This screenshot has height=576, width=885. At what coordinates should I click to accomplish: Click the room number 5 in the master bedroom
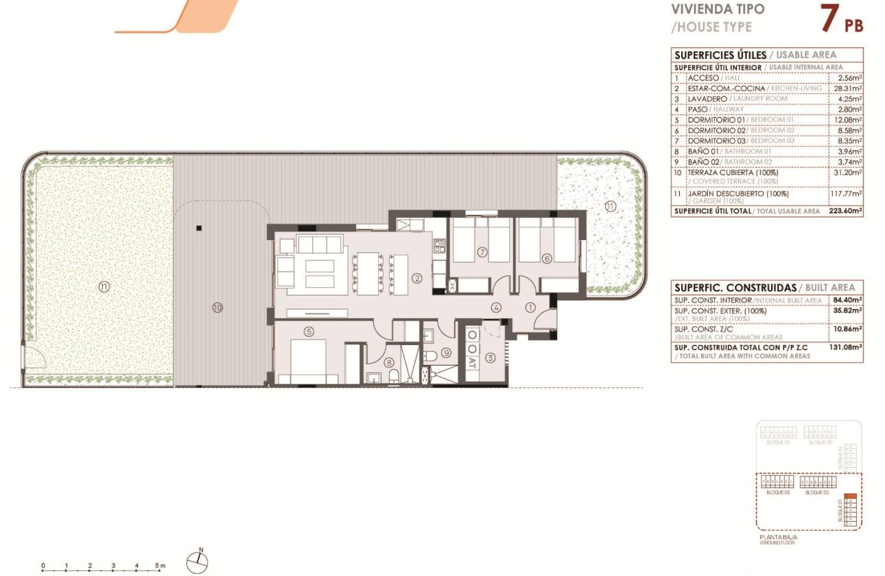pyautogui.click(x=309, y=332)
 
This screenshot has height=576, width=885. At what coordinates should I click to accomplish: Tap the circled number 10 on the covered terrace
pyautogui.click(x=217, y=308)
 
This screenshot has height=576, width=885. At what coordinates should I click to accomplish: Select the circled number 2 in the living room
pyautogui.click(x=416, y=278)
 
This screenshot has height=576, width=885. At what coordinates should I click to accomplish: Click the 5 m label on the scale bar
pyautogui.click(x=160, y=566)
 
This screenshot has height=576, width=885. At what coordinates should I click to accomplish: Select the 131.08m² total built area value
pyautogui.click(x=845, y=347)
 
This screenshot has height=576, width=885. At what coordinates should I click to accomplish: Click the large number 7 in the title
pyautogui.click(x=828, y=19)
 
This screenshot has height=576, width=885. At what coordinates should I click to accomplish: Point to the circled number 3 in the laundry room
pyautogui.click(x=490, y=357)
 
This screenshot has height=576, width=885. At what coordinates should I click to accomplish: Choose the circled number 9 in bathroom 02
pyautogui.click(x=445, y=353)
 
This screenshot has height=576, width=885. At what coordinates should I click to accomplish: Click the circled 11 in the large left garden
pyautogui.click(x=104, y=287)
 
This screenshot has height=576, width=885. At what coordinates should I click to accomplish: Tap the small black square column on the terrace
pyautogui.click(x=198, y=228)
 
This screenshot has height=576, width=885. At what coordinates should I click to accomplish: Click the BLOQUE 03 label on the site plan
pyautogui.click(x=777, y=492)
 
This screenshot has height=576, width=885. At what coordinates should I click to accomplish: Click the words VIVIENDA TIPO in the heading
pyautogui.click(x=717, y=10)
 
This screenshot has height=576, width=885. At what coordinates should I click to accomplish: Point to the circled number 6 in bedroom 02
pyautogui.click(x=547, y=259)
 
